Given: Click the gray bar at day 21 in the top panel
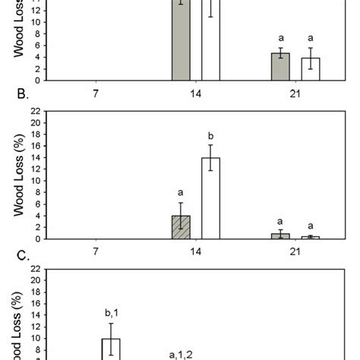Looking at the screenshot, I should click(280, 66).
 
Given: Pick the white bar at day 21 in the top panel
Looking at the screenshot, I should click(310, 68).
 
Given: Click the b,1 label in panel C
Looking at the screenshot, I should click(111, 311).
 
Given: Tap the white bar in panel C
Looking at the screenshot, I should click(111, 349).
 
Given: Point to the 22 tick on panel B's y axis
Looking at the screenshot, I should click(35, 112).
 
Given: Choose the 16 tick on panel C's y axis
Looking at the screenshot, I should click(35, 303).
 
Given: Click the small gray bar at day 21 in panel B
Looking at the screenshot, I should click(280, 236).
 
